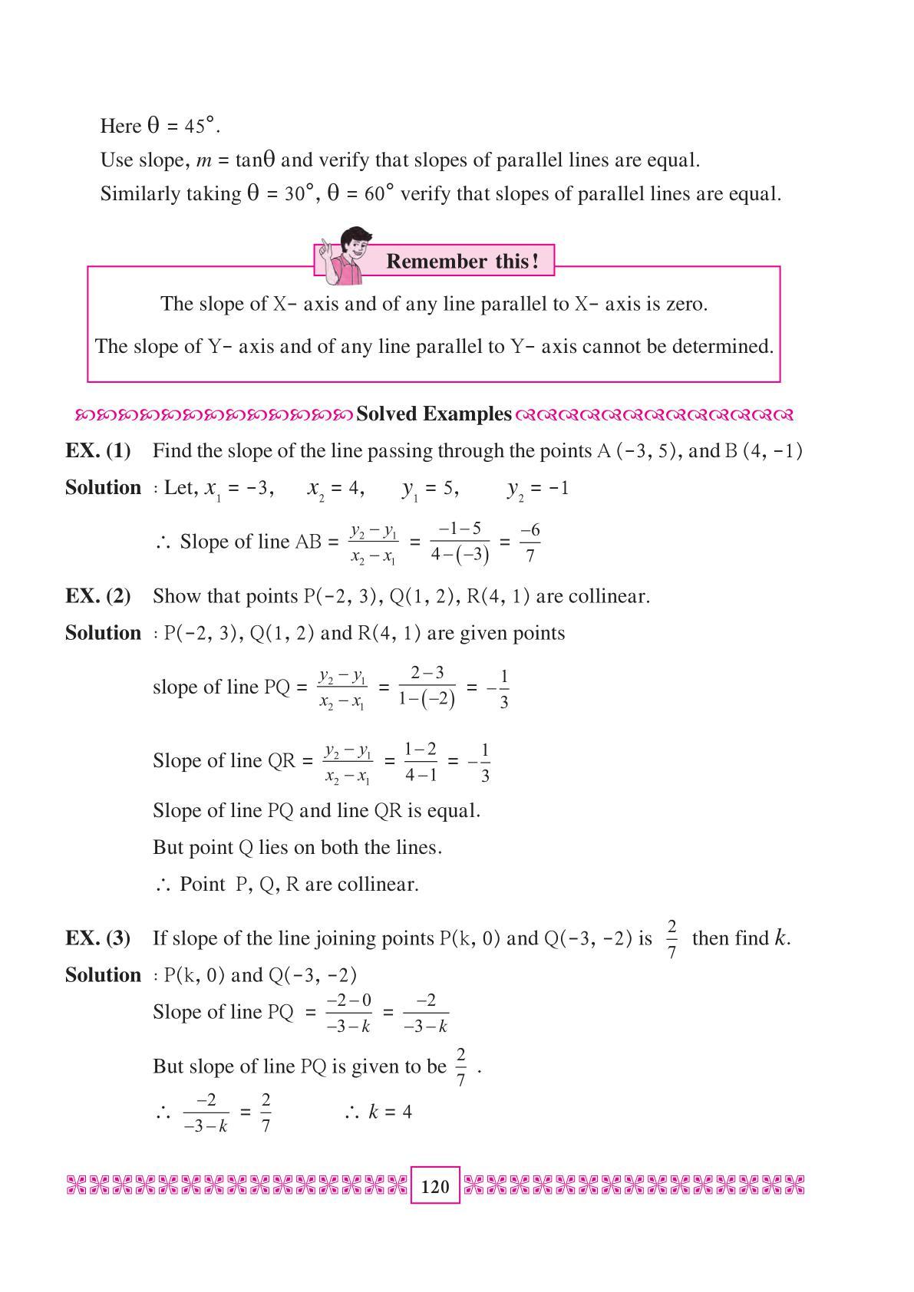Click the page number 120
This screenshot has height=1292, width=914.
(x=435, y=1186)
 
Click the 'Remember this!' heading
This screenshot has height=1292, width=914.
(x=462, y=262)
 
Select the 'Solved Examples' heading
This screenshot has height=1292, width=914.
(x=434, y=414)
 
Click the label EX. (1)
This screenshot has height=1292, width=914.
(x=98, y=450)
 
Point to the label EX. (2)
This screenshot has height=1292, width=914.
(x=98, y=596)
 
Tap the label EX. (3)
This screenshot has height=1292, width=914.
(x=98, y=938)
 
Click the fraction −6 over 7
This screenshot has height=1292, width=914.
(x=530, y=542)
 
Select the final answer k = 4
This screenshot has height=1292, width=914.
(x=389, y=1112)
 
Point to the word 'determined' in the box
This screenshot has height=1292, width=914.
(x=721, y=347)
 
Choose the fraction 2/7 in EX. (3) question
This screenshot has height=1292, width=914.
(x=671, y=938)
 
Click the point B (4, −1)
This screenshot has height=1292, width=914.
(x=763, y=450)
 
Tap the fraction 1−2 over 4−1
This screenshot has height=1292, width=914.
(x=421, y=761)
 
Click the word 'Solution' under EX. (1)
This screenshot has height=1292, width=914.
(x=104, y=488)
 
